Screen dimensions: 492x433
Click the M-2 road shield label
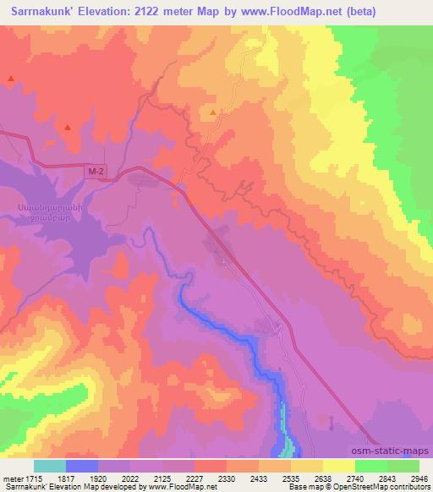click(x=97, y=172)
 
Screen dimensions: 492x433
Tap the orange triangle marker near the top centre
click(x=213, y=111)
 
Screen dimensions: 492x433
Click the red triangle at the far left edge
click(x=10, y=79)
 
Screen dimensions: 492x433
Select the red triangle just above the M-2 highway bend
click(x=66, y=127)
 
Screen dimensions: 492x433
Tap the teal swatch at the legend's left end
click(x=50, y=466)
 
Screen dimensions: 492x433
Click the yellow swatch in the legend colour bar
click(x=339, y=466)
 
